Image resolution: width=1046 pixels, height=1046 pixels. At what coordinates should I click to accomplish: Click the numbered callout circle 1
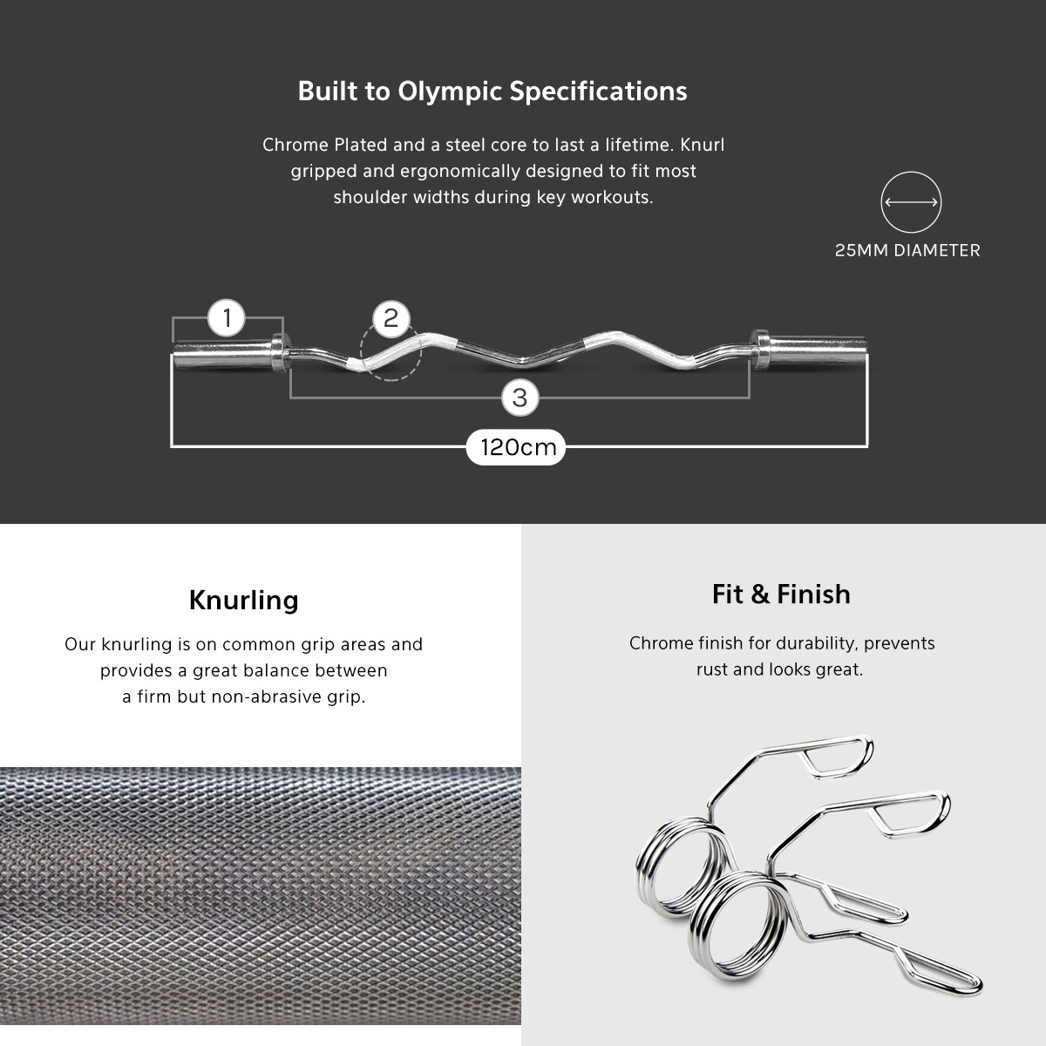click(227, 318)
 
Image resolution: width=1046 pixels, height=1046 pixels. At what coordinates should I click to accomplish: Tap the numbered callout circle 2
click(391, 319)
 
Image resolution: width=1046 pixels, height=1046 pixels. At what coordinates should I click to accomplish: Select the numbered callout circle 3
click(520, 397)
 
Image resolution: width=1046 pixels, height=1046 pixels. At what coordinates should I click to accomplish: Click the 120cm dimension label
click(516, 447)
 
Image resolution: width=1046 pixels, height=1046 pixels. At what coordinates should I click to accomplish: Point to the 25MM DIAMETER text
click(907, 250)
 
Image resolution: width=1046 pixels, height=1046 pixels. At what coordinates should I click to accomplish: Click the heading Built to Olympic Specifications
click(492, 92)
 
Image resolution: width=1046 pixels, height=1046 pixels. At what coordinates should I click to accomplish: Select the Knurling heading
click(244, 601)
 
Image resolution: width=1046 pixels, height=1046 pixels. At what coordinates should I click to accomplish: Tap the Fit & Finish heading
click(781, 594)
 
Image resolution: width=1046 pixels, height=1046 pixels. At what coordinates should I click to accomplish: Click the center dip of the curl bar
click(522, 360)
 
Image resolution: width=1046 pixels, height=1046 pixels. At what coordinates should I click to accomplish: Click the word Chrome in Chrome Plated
click(295, 145)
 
